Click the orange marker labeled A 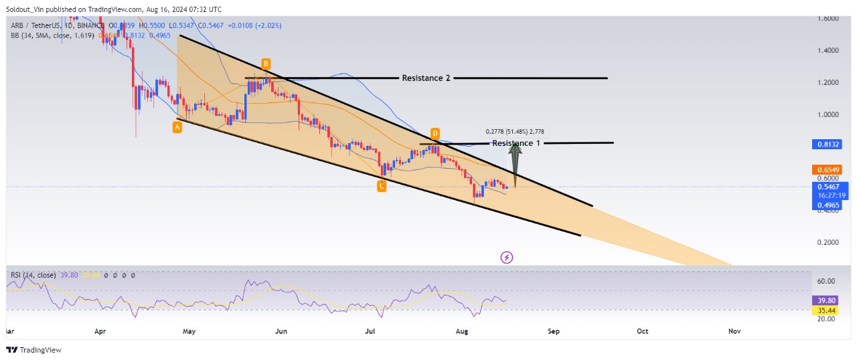[177, 126]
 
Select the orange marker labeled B [266, 64]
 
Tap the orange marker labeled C [381, 186]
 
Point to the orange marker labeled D [435, 132]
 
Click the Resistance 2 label [426, 78]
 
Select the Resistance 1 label [516, 143]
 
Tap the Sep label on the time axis [553, 331]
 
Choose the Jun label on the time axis [281, 331]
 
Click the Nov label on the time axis [734, 331]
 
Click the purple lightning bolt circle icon [507, 257]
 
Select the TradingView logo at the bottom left [33, 350]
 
